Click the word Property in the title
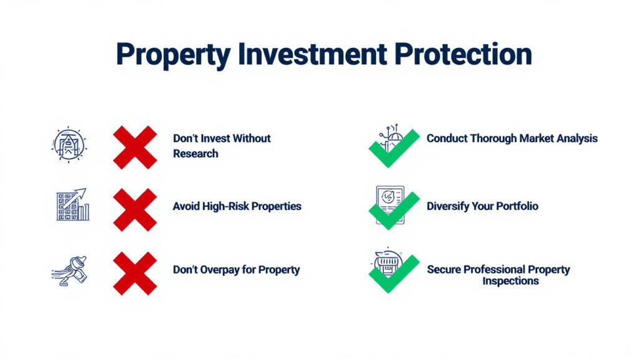pos(173,55)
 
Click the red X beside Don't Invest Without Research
pos(135,147)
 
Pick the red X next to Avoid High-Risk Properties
pos(135,210)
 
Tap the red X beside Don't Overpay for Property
pos(135,273)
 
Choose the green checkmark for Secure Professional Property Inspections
pos(394,275)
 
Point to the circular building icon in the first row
pos(69,144)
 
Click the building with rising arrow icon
pos(72,204)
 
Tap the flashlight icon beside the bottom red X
pos(70,270)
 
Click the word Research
pos(196,154)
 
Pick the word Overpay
pos(220,270)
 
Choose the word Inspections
pos(511,281)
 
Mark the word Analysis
pos(577,139)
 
